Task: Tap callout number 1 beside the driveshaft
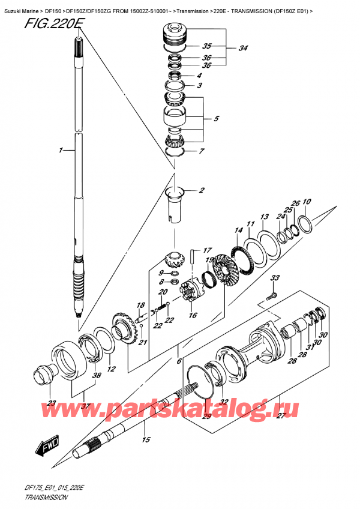61,151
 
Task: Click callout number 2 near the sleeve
202,191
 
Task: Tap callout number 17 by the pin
206,250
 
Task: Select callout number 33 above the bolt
275,278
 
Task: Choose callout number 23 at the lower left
52,403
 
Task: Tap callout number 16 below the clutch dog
192,315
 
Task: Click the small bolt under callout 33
271,295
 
